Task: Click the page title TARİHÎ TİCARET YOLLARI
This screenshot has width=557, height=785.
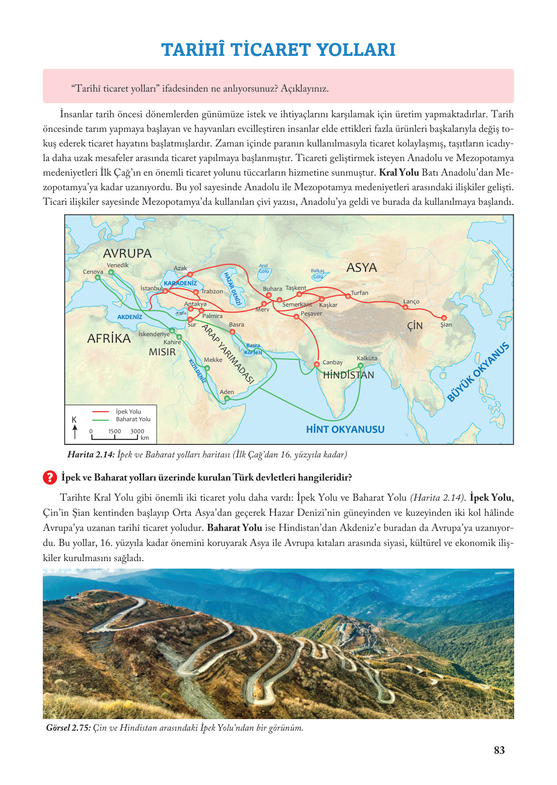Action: (x=278, y=50)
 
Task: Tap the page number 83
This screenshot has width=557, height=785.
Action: (x=499, y=750)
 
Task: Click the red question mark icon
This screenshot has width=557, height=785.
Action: (x=50, y=477)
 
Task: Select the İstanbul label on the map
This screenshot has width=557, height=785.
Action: (x=151, y=288)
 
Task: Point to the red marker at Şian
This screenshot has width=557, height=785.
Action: (x=444, y=318)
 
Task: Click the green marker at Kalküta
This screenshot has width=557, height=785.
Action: (x=361, y=366)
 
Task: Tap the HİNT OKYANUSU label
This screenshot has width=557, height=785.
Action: (x=345, y=429)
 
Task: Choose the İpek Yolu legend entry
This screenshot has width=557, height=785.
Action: (x=128, y=412)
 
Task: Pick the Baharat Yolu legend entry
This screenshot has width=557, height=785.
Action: (x=133, y=419)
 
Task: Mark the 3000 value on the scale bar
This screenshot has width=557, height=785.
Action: (x=137, y=431)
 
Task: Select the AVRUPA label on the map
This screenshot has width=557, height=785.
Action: (x=127, y=254)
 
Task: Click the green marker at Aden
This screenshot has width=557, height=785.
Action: (x=227, y=399)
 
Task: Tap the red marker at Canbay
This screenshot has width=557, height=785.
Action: (x=317, y=364)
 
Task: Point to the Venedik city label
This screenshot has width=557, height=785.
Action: (x=117, y=265)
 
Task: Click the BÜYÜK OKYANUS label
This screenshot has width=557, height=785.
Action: (x=478, y=372)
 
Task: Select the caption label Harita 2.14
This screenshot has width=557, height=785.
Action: (x=91, y=455)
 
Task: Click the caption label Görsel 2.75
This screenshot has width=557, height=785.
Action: (x=68, y=728)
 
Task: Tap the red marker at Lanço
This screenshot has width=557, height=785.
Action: (x=405, y=307)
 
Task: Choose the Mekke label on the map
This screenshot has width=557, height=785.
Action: (x=213, y=360)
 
